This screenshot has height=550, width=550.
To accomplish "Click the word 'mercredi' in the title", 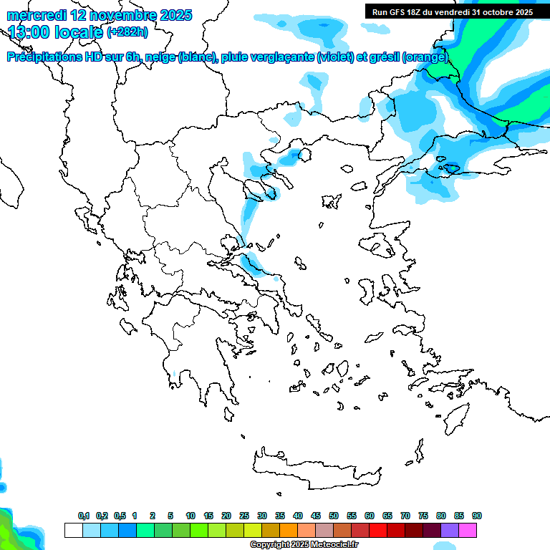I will coord(34,15).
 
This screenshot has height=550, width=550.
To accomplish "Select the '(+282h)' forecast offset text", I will coord(128,32).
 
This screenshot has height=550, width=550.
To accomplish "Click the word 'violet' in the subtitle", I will coord(335,57).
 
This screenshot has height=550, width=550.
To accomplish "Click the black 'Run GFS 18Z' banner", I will coord(452,11).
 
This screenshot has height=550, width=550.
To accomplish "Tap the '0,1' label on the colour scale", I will coord(84,516).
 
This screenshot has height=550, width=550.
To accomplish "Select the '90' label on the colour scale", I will coord(477,516).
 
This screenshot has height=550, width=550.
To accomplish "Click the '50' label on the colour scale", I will coord(334,516).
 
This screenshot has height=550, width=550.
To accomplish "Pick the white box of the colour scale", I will coord(73,531).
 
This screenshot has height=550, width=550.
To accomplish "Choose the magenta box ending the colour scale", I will coord(468,531).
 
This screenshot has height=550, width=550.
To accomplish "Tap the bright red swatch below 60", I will coord(378,531).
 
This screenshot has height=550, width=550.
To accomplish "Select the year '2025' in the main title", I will coord(173,15).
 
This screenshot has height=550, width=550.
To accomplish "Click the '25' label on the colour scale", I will coord(244,516).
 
